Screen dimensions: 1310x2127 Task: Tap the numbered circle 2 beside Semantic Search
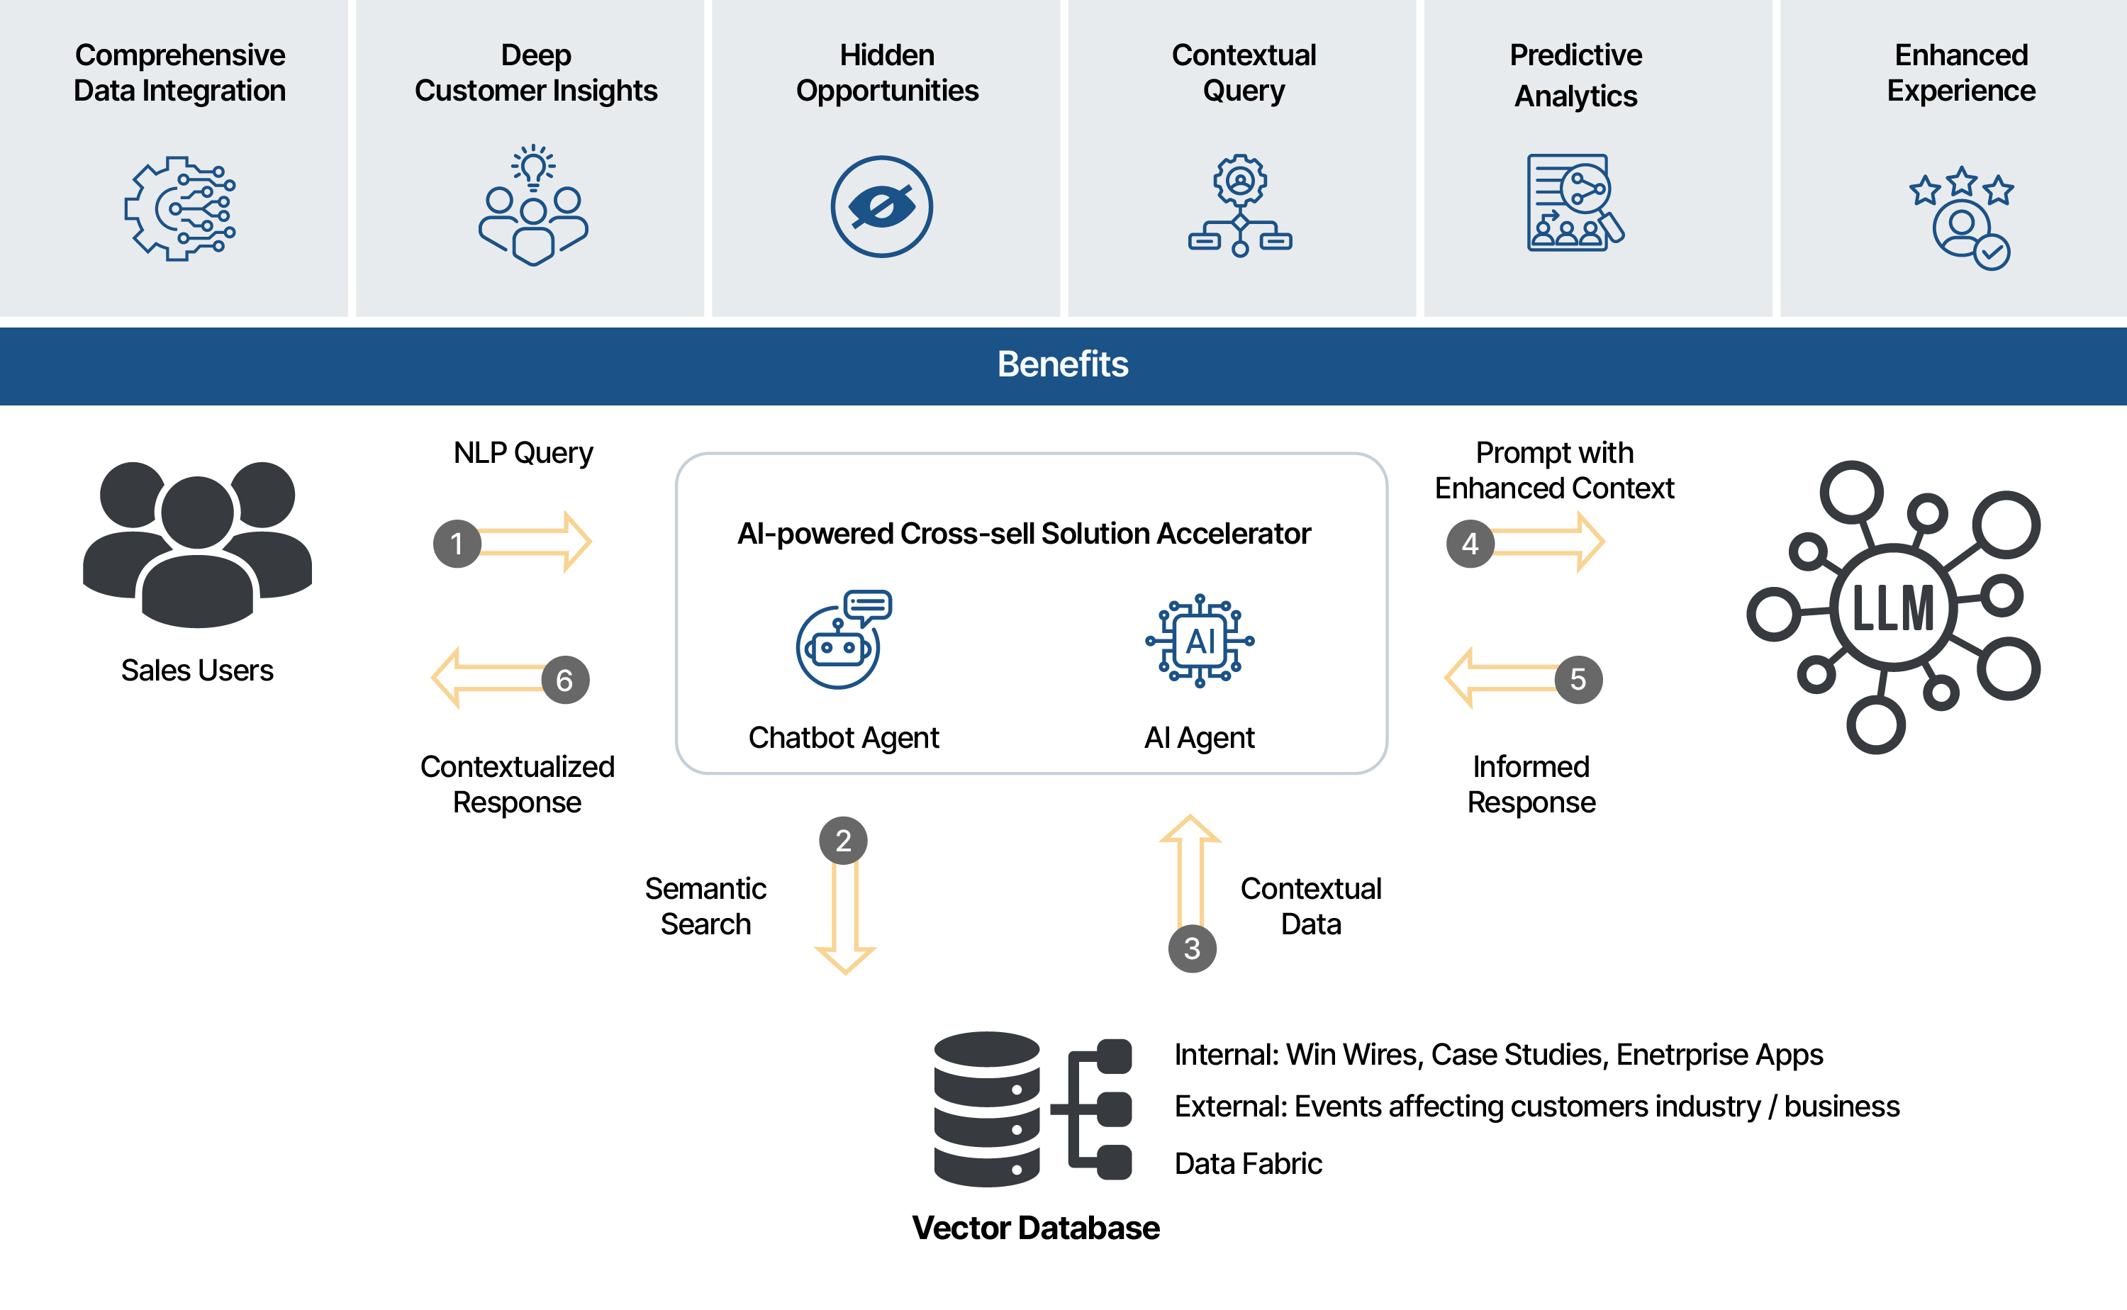[843, 841]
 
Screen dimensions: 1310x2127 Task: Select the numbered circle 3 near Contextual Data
[1192, 948]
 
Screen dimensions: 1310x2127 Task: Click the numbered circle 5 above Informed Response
[1578, 679]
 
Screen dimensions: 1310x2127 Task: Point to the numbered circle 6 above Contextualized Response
[565, 680]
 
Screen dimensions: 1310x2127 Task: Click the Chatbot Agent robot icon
[840, 641]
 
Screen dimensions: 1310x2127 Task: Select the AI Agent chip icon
[1200, 641]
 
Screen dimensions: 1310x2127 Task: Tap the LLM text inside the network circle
[1893, 608]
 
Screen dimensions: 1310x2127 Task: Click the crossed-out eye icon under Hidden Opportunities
[881, 207]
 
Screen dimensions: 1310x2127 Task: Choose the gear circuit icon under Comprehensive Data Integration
[179, 208]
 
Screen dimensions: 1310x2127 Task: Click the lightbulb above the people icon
[534, 165]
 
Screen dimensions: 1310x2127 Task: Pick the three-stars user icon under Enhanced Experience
[1962, 218]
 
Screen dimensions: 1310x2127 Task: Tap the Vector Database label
[1035, 1228]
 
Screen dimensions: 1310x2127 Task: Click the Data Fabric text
[1248, 1163]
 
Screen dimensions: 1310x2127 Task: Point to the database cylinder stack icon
[987, 1109]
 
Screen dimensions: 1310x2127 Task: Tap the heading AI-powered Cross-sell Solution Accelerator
[1023, 534]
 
